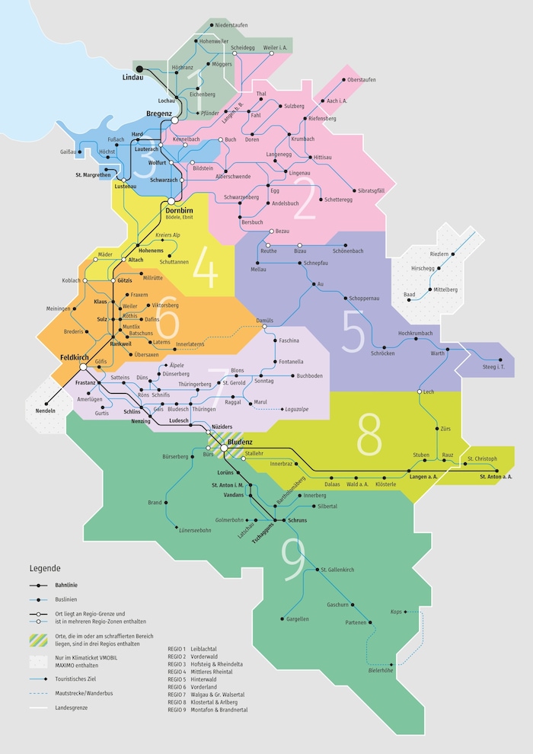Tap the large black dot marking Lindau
(139, 69)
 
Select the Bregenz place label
(158, 113)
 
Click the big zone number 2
(305, 201)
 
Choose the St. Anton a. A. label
(496, 477)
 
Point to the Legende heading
(45, 568)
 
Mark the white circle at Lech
(419, 391)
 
